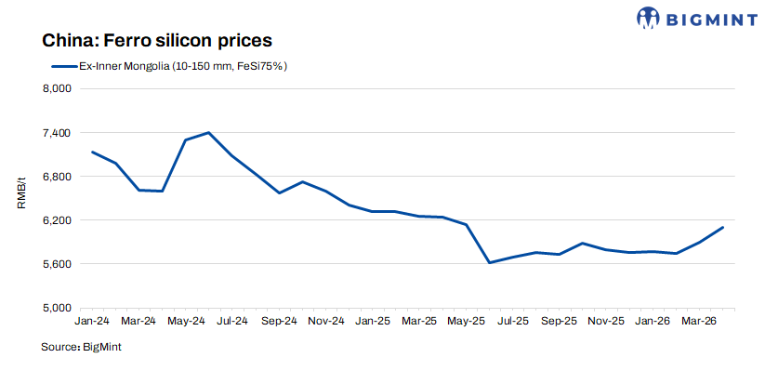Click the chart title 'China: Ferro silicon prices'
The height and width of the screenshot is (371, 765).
[x=155, y=42]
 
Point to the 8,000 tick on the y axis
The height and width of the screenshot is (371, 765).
[x=58, y=89]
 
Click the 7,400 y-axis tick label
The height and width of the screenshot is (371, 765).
[x=58, y=133]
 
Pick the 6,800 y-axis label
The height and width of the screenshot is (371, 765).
[x=58, y=177]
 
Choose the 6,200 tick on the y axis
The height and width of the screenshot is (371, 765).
[x=58, y=220]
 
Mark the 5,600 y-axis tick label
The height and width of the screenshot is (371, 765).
[x=58, y=264]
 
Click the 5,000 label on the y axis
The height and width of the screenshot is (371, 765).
[x=58, y=308]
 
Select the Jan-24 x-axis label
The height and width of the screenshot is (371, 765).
[x=91, y=321]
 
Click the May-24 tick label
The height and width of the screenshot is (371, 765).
[x=185, y=321]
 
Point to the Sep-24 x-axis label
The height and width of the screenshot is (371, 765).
[x=279, y=321]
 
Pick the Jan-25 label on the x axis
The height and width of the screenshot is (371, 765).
[x=373, y=321]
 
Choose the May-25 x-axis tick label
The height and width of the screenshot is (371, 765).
[x=467, y=321]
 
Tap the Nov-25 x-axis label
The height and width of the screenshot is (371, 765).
[x=606, y=321]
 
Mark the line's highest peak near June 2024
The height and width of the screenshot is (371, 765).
[x=208, y=132]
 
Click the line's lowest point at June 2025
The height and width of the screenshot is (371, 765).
[x=489, y=262]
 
